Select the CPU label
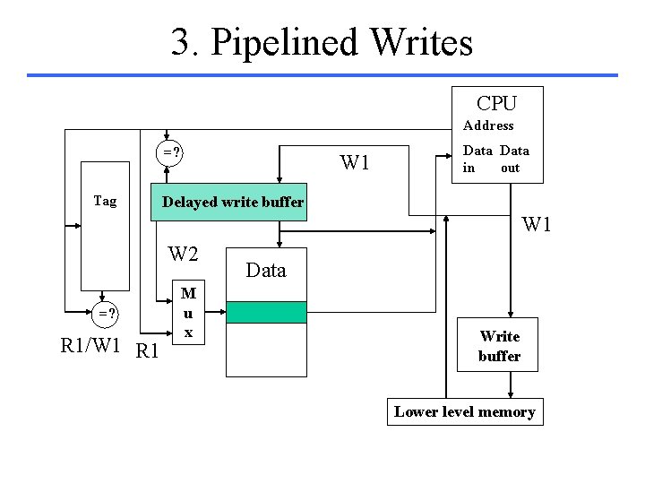(x=496, y=103)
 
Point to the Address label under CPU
(x=488, y=125)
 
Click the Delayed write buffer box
(x=232, y=202)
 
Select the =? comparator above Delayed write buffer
(x=171, y=152)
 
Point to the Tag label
(x=105, y=201)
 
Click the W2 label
(x=184, y=255)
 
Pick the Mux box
(x=188, y=312)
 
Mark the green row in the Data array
(x=266, y=312)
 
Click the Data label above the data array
(x=266, y=270)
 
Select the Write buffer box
(x=499, y=346)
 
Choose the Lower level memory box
(x=465, y=412)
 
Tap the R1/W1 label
(x=90, y=346)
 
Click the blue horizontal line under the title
(x=322, y=75)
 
